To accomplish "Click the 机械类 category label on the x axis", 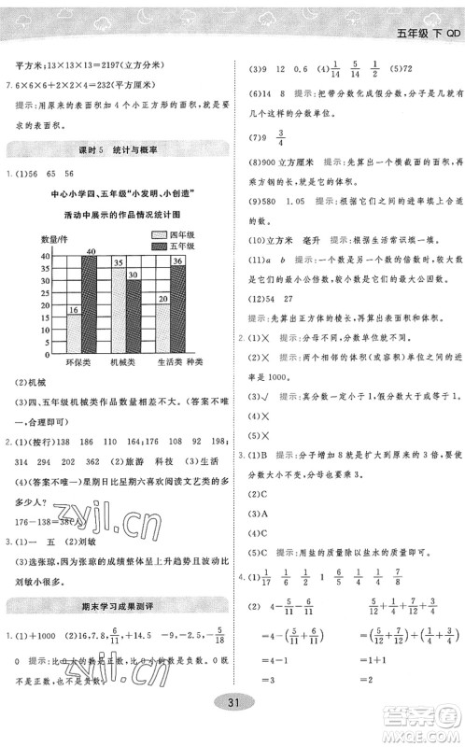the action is pyautogui.click(x=126, y=359).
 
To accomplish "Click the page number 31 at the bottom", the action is pyautogui.click(x=232, y=728).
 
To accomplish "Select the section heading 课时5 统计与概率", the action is pyautogui.click(x=116, y=149).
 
